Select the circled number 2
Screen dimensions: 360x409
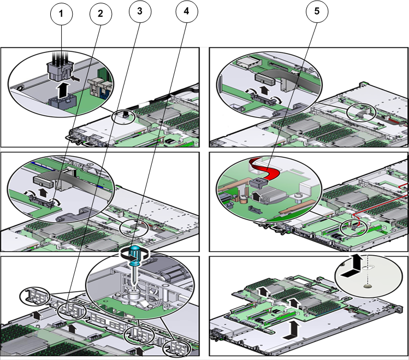pyautogui.click(x=100, y=15)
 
